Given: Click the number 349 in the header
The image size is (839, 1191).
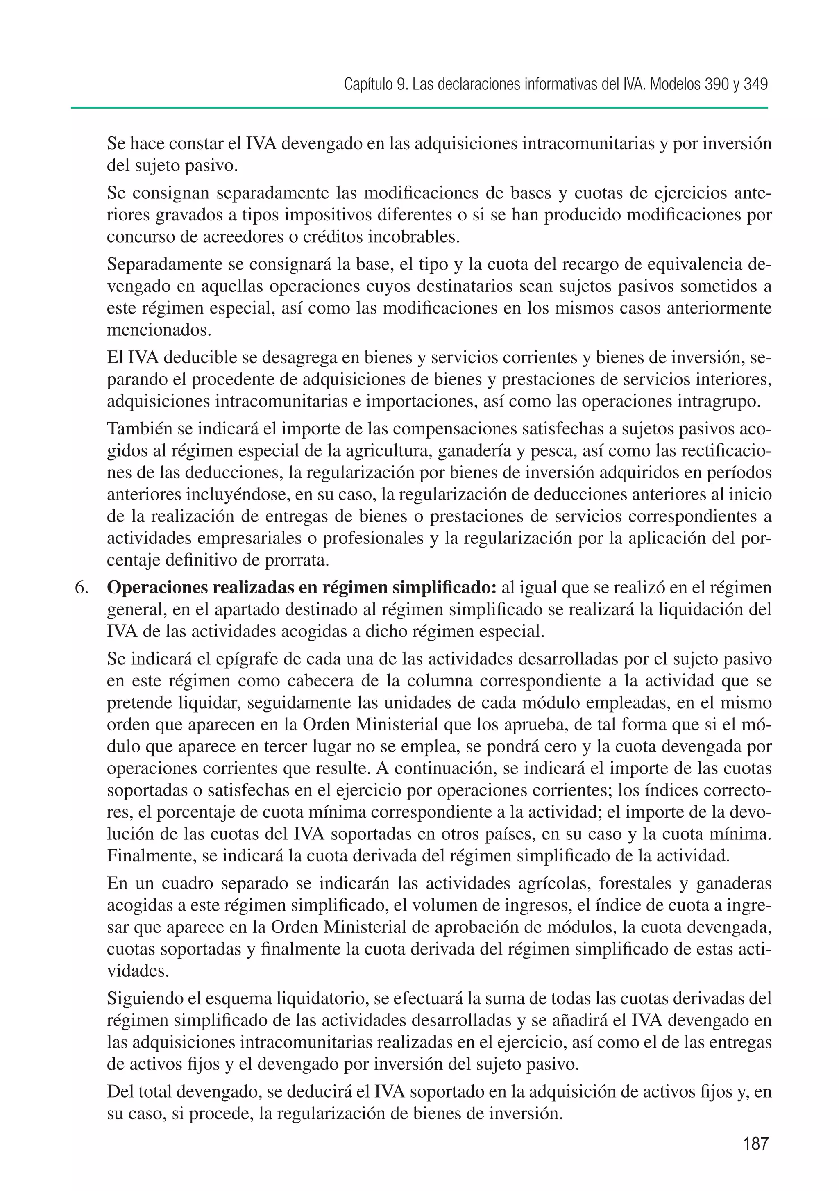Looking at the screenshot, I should [755, 84].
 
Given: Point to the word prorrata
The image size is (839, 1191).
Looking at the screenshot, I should [297, 561].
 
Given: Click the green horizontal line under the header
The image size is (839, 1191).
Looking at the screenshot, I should [419, 108].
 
